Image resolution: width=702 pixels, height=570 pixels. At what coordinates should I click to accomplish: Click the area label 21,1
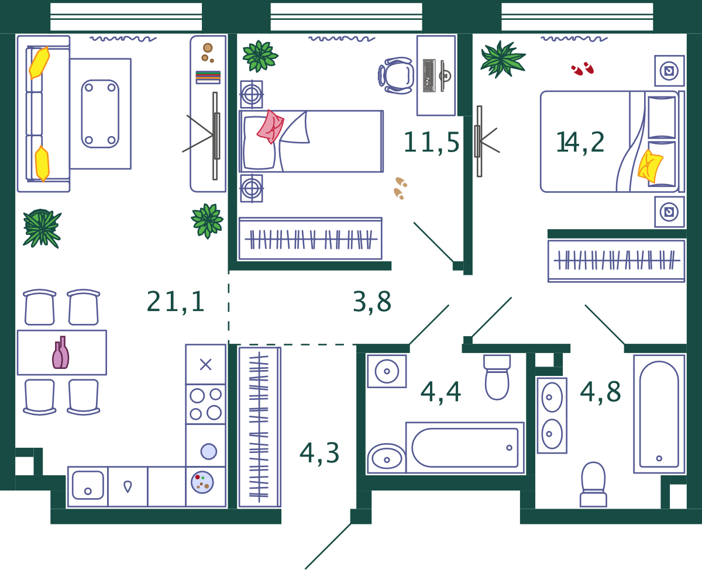coord(175,301)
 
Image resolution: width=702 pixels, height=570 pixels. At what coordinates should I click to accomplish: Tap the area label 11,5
coord(431,142)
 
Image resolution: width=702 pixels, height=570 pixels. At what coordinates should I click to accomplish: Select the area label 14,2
coord(580,142)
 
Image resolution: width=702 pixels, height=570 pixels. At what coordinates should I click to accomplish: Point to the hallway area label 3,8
coord(371,302)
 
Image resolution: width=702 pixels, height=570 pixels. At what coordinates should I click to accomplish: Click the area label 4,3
coord(319,453)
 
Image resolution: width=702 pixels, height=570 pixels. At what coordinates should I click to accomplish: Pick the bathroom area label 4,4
coord(441,392)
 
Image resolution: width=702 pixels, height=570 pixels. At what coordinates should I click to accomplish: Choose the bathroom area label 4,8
coord(600,392)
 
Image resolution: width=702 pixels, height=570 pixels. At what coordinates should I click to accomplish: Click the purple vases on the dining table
coord(61,353)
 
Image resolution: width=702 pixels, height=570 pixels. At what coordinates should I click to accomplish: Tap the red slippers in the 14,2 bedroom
coord(582,68)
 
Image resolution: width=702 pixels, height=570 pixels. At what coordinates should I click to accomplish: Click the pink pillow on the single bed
coord(270,127)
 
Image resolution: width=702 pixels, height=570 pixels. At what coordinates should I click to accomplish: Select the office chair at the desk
coord(396,75)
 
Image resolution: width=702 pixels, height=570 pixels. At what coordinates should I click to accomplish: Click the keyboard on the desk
coord(429,75)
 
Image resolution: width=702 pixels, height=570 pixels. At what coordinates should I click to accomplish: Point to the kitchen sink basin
coord(88,485)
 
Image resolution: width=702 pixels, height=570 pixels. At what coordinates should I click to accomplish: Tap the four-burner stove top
coord(206,404)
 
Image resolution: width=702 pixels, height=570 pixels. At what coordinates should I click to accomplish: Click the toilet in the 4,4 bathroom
coord(497,377)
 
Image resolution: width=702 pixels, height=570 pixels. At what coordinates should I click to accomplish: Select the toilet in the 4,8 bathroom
coord(593,485)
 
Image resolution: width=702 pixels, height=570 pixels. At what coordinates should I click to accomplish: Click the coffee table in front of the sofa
coord(100,113)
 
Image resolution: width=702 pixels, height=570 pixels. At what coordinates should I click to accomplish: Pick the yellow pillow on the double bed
coord(649,166)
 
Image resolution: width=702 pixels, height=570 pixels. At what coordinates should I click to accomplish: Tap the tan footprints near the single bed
coord(400,188)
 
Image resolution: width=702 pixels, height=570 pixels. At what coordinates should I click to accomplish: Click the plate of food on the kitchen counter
coord(202,482)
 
